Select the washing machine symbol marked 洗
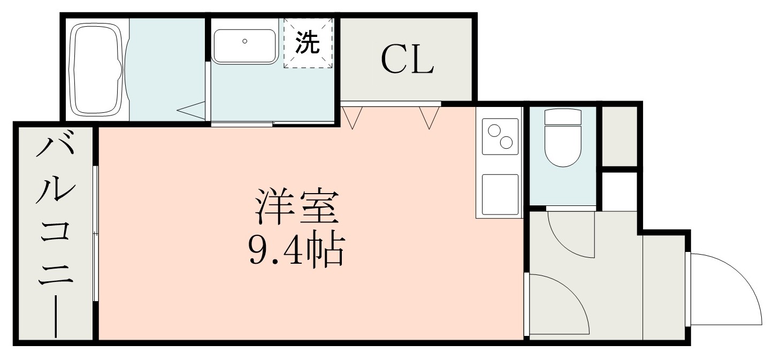tap(308, 43)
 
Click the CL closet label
tap(407, 60)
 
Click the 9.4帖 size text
tap(295, 249)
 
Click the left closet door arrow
tap(351, 117)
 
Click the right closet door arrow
tap(429, 117)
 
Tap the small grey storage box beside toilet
tap(619, 136)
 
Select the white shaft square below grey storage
tap(619, 191)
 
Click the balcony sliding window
tap(95, 233)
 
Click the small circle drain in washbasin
tap(244, 41)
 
